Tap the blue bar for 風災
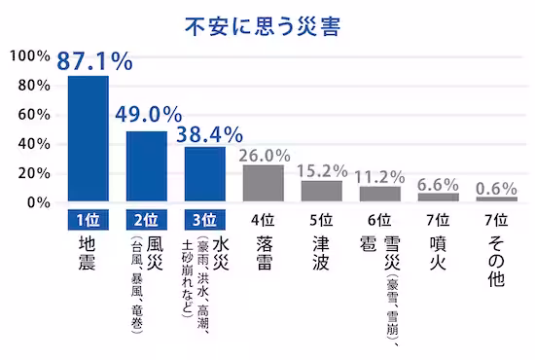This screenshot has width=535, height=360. click(x=146, y=166)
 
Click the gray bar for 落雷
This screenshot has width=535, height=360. click(x=263, y=183)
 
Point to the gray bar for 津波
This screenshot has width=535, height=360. click(x=321, y=191)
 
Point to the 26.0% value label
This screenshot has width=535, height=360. click(x=264, y=154)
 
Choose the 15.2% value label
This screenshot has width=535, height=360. click(x=322, y=169)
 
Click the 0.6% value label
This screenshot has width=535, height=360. click(x=496, y=188)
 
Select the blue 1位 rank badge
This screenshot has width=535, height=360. click(x=87, y=218)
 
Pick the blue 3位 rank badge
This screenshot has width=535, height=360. click(x=204, y=218)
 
